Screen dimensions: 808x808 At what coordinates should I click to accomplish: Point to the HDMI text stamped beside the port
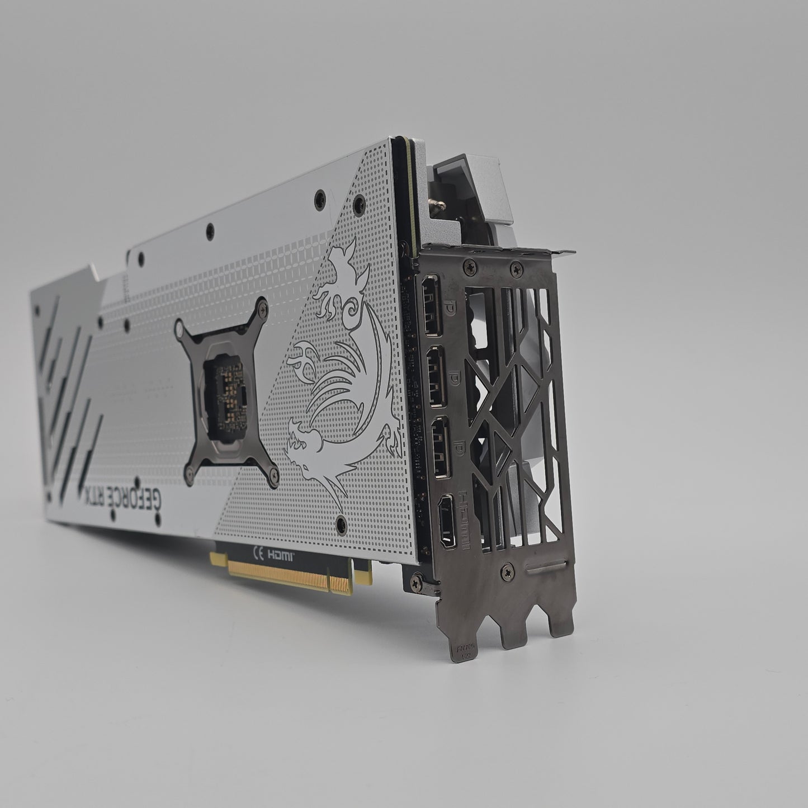click(x=464, y=519)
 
